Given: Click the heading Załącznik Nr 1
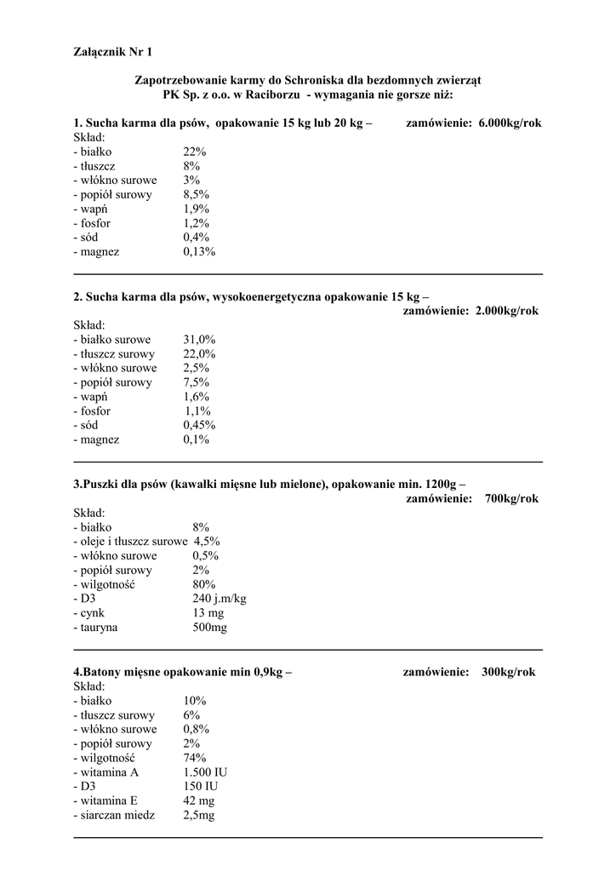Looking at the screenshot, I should (x=113, y=53).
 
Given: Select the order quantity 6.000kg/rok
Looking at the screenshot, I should (x=510, y=123).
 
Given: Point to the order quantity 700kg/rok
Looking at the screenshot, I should (x=510, y=498).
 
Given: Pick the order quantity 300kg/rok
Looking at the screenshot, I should (x=508, y=672).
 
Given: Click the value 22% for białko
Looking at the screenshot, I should (x=195, y=152).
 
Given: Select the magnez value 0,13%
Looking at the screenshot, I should (x=199, y=252).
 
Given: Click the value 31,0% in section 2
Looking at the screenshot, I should (x=199, y=339).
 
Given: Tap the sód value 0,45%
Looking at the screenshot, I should (x=199, y=425).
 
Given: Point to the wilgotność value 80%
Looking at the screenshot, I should (x=204, y=584).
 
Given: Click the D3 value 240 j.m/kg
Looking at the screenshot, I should (x=220, y=599).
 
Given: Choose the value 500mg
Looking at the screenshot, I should (x=210, y=628).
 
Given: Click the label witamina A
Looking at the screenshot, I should (x=106, y=772).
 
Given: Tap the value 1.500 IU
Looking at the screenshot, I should (x=205, y=772).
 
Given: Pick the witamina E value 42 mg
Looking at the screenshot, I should (x=199, y=801).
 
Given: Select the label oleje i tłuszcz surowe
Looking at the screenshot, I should (x=131, y=541).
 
